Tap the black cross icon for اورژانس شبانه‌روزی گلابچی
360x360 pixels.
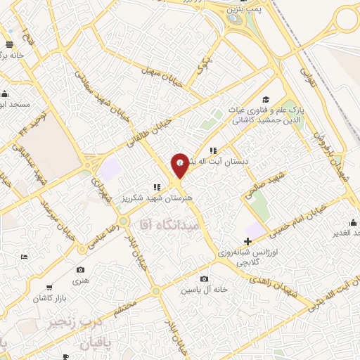[247, 241]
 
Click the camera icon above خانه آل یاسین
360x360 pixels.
[204, 279]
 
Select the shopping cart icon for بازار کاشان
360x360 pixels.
[49, 287]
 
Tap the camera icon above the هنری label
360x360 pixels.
[80, 270]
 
